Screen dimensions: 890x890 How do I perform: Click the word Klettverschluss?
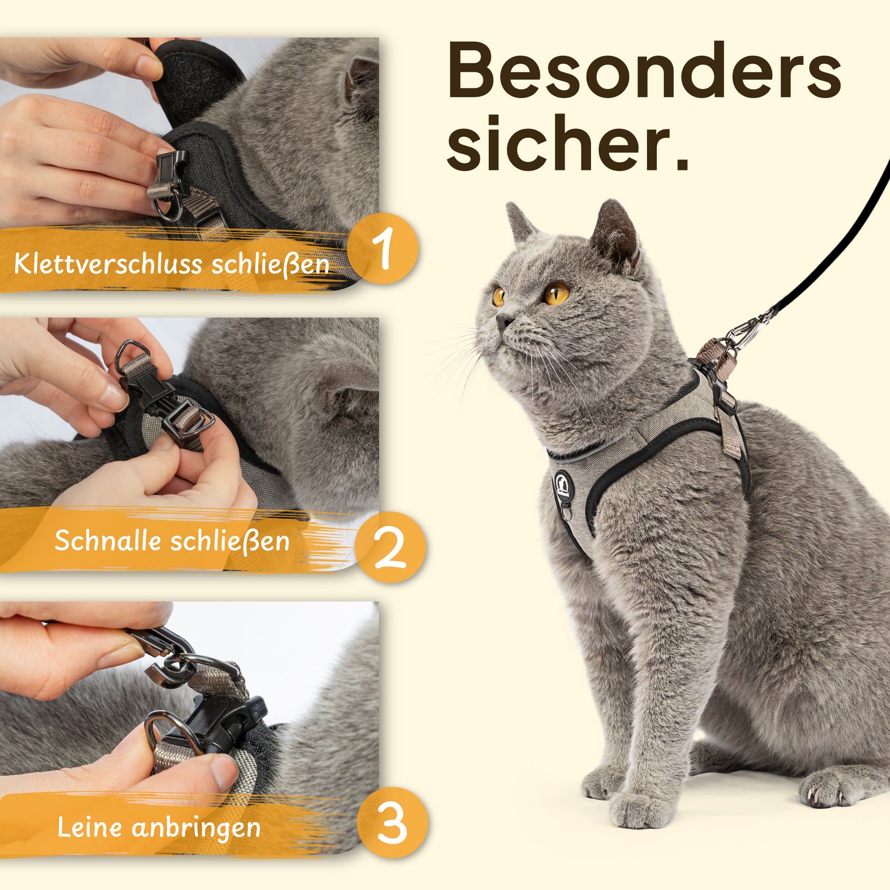point(108,264)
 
